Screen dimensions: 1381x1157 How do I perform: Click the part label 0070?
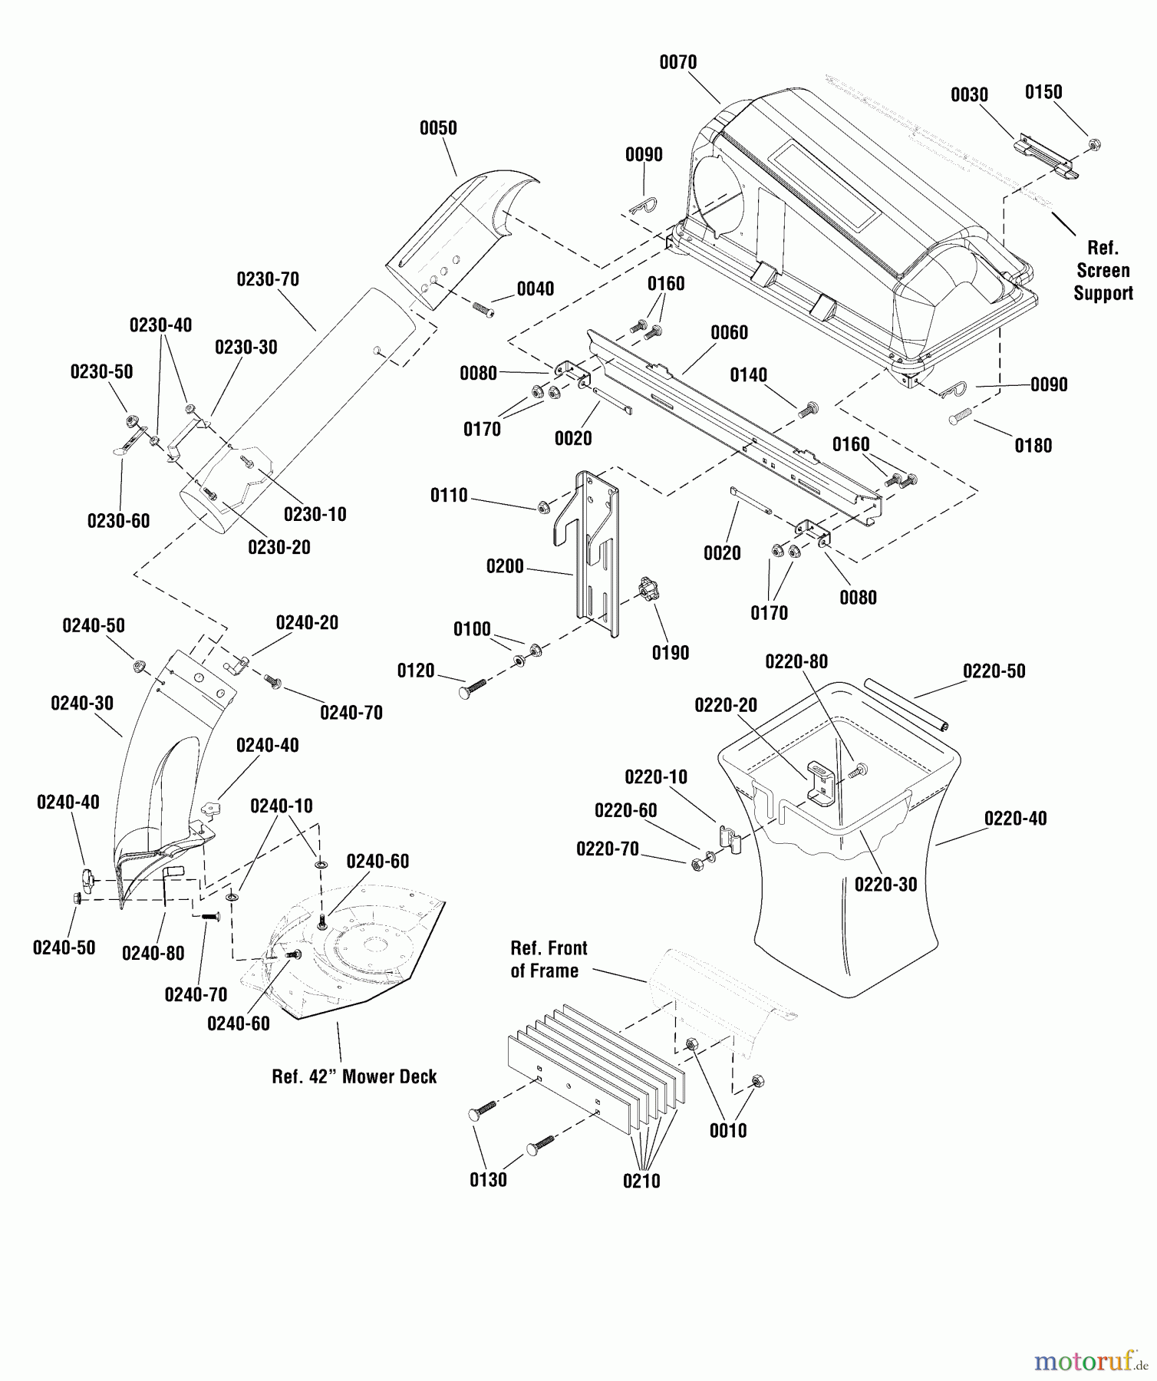point(678,62)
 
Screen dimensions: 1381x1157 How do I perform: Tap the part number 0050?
point(438,128)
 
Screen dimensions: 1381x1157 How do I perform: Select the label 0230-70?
point(268,279)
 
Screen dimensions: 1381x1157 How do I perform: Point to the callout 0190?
point(671,653)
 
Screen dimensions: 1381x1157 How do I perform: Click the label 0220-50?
point(994,671)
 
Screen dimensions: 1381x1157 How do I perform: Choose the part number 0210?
point(641,1181)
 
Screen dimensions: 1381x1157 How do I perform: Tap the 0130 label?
point(488,1179)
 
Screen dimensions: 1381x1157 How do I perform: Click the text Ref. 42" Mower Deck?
point(354,1076)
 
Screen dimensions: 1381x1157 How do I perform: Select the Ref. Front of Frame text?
point(549,959)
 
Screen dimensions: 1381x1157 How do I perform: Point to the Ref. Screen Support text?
point(1103,270)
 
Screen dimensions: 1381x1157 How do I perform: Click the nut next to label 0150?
point(1095,143)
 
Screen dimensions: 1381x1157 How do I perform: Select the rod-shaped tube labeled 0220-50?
point(906,704)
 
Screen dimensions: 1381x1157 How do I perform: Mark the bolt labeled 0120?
point(474,687)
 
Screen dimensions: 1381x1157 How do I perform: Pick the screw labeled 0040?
point(483,309)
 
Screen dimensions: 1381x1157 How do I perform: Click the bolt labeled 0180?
point(960,417)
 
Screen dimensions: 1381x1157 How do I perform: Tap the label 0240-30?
point(82,704)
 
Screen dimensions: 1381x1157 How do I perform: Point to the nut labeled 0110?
point(542,506)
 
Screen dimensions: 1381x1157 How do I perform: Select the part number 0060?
point(729,332)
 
